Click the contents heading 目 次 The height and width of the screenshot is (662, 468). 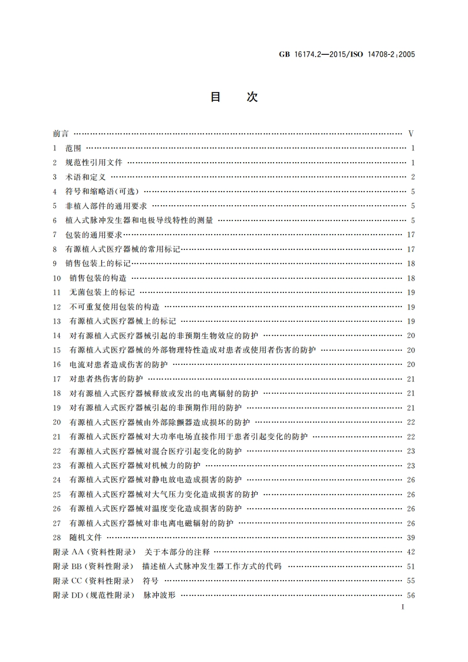[234, 97]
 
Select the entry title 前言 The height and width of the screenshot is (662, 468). [60, 134]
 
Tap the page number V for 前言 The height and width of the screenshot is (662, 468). [411, 134]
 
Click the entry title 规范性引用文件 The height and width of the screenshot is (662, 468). [94, 163]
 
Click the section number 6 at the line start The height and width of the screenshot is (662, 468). [54, 220]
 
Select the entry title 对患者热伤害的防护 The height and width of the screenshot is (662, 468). [106, 378]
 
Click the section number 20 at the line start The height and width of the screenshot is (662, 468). [57, 422]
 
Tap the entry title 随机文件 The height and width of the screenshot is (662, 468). [85, 537]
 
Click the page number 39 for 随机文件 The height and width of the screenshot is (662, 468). [411, 537]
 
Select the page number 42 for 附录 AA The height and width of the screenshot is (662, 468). [411, 552]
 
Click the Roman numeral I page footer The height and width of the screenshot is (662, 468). [401, 607]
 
